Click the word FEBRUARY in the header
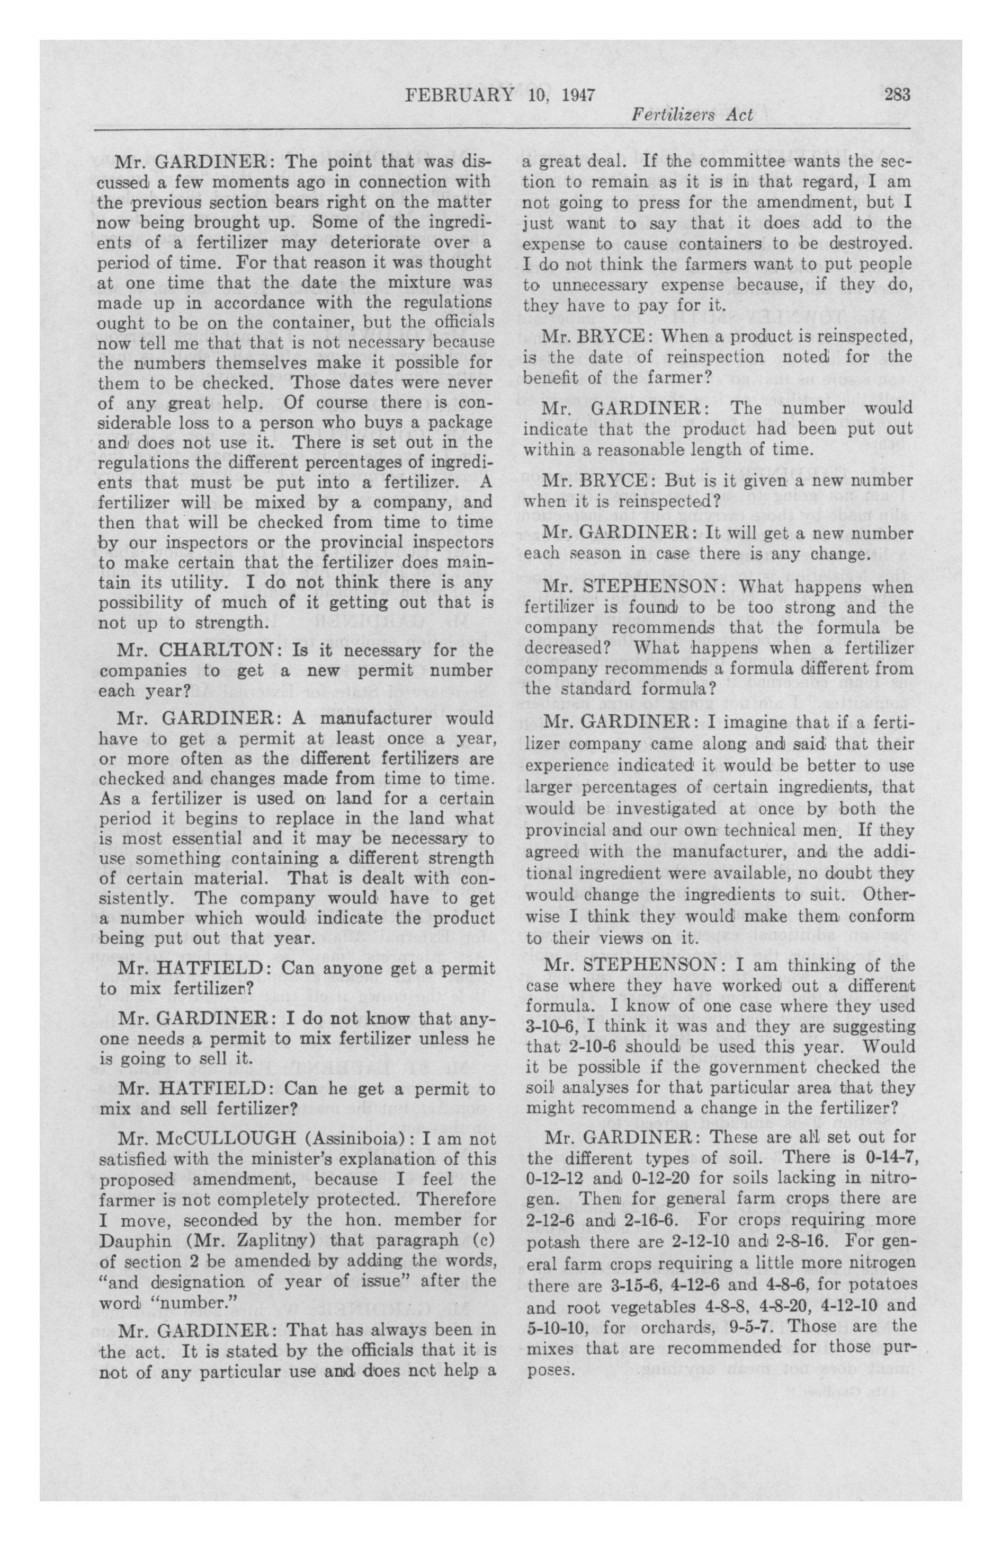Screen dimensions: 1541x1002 click(457, 96)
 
